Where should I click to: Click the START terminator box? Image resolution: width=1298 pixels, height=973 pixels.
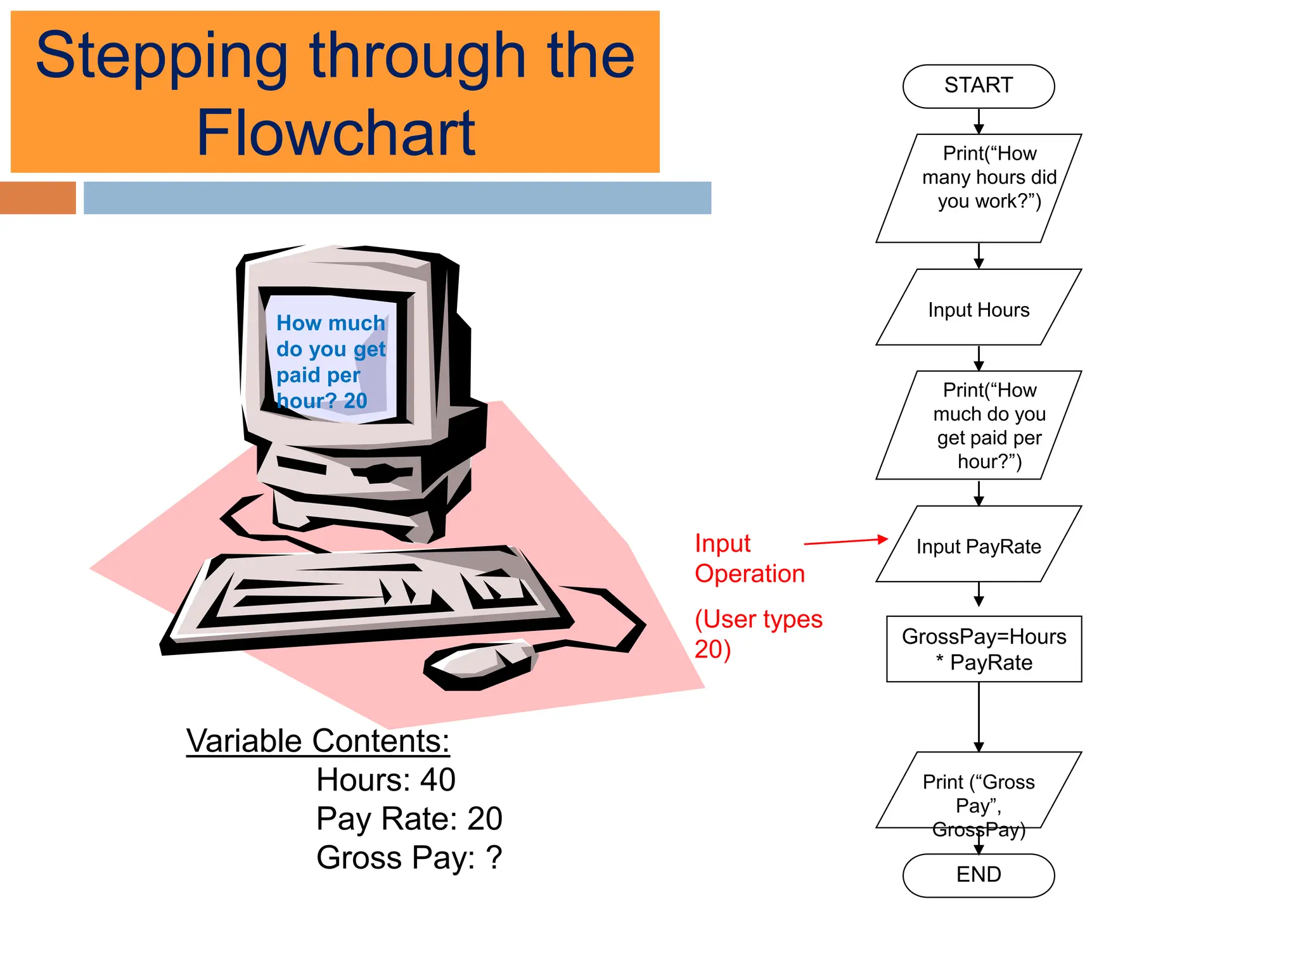tap(978, 86)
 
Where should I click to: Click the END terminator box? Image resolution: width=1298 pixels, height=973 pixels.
tap(978, 875)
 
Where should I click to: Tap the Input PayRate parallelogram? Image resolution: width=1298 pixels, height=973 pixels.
tap(978, 545)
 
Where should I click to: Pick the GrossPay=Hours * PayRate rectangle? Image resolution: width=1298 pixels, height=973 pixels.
tap(984, 649)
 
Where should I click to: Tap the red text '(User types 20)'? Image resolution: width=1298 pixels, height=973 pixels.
tap(757, 633)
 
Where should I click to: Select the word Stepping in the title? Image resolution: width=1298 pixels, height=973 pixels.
tap(162, 57)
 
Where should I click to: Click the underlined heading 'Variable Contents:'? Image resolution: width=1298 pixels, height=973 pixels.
tap(318, 741)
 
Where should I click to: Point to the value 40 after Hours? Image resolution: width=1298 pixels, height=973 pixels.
tap(437, 780)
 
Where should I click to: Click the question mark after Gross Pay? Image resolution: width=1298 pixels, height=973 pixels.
tap(494, 858)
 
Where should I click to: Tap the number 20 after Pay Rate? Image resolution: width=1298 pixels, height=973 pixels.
tap(485, 818)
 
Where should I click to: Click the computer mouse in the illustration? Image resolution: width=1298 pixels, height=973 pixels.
tap(480, 665)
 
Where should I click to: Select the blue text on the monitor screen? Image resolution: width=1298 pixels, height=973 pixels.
tap(330, 361)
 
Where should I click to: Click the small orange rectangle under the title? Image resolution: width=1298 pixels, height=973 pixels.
tap(37, 198)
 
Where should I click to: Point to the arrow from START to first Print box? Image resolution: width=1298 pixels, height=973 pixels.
tap(979, 121)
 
